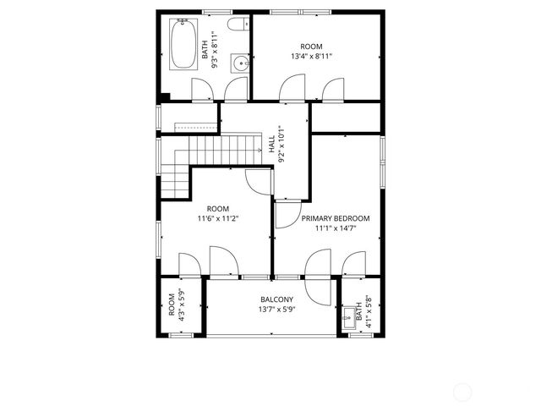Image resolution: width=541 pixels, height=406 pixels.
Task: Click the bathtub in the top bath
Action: pyautogui.click(x=184, y=45)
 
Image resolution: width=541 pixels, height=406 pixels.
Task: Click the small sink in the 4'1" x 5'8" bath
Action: pyautogui.click(x=349, y=318)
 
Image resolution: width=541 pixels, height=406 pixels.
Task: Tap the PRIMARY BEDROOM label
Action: pyautogui.click(x=336, y=218)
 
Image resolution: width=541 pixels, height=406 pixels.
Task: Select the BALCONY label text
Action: pyautogui.click(x=276, y=299)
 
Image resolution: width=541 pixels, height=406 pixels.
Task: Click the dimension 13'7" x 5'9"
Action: pyautogui.click(x=276, y=310)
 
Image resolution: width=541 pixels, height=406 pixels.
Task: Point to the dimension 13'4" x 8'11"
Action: pyautogui.click(x=311, y=57)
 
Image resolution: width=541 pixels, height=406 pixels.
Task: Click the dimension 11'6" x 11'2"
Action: pyautogui.click(x=218, y=218)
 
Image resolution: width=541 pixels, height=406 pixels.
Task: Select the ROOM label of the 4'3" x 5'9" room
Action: pyautogui.click(x=172, y=304)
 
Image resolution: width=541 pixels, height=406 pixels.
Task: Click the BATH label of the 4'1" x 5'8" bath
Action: pyautogui.click(x=358, y=310)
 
